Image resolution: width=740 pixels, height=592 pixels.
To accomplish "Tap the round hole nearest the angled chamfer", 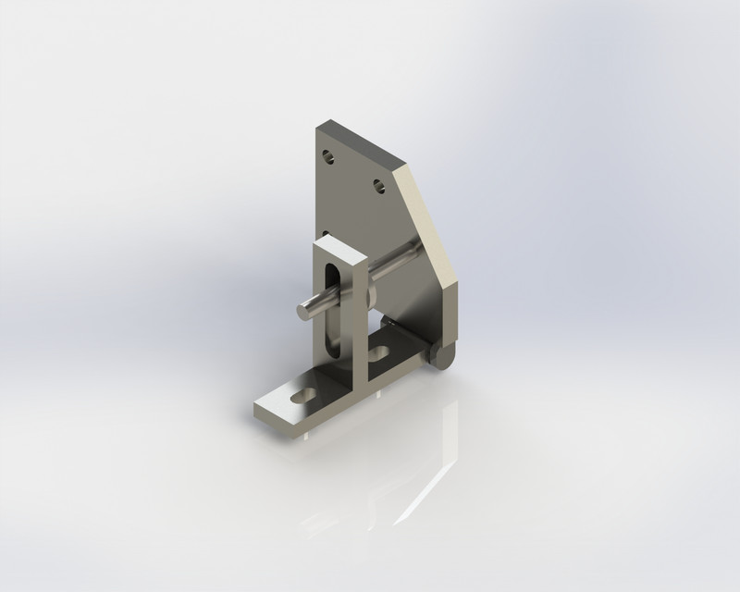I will click(x=379, y=186).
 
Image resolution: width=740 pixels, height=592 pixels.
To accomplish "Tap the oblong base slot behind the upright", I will click(x=378, y=353).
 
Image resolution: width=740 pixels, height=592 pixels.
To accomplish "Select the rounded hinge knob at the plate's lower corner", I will click(x=445, y=357).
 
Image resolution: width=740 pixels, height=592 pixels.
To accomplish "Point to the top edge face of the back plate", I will click(x=361, y=143).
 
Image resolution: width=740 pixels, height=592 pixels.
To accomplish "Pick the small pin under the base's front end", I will click(x=306, y=433).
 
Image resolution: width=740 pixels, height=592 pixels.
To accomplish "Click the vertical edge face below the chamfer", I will click(x=451, y=314).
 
